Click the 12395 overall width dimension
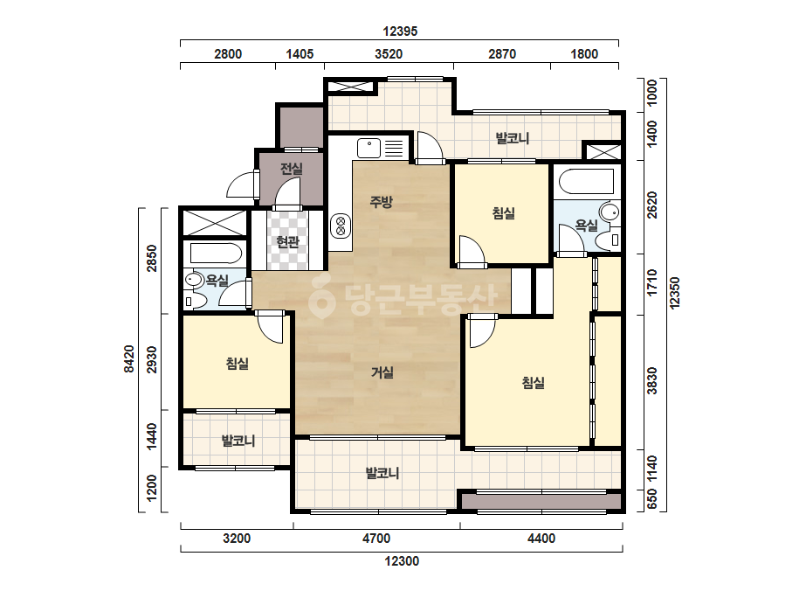pyautogui.click(x=400, y=31)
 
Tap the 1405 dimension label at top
pyautogui.click(x=300, y=54)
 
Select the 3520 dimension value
pyautogui.click(x=389, y=54)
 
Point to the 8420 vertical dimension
pyautogui.click(x=128, y=358)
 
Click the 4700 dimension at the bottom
pyautogui.click(x=376, y=539)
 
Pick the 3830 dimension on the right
pyautogui.click(x=651, y=381)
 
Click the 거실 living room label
pyautogui.click(x=382, y=372)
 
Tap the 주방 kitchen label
pyautogui.click(x=381, y=202)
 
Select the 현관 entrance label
pyautogui.click(x=287, y=241)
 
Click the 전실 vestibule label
pyautogui.click(x=292, y=169)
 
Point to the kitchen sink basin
pyautogui.click(x=369, y=148)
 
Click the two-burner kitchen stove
pyautogui.click(x=341, y=226)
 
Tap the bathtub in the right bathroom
pyautogui.click(x=586, y=181)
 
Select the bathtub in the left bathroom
pyautogui.click(x=216, y=254)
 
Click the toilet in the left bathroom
pyautogui.click(x=193, y=301)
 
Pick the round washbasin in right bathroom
pyautogui.click(x=610, y=212)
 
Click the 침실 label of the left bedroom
pyautogui.click(x=237, y=364)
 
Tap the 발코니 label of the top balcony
pyautogui.click(x=512, y=138)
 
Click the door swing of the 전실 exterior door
pyautogui.click(x=240, y=184)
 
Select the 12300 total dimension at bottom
pyautogui.click(x=402, y=561)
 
